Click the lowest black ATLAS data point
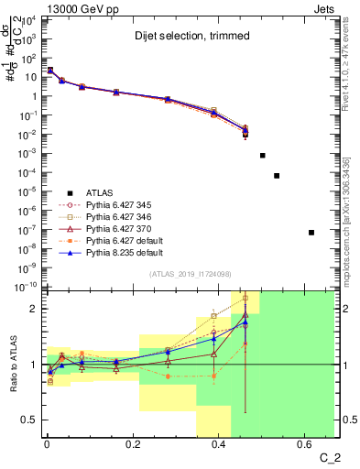tap(311, 233)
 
